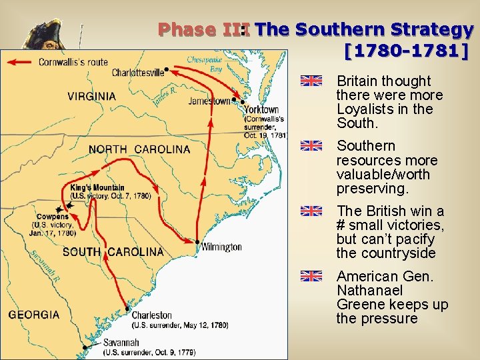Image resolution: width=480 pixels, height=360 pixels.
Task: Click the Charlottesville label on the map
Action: (137, 73)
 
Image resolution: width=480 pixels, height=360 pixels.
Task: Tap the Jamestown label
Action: (209, 101)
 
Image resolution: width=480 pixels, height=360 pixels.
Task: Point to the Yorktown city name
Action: (261, 109)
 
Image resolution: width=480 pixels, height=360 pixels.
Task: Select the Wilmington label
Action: (221, 247)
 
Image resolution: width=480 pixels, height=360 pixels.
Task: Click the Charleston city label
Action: (151, 315)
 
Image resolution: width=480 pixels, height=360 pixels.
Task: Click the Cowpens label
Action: (53, 217)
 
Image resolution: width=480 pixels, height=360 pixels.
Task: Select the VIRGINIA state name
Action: (91, 96)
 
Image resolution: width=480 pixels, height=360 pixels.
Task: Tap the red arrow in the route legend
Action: (19, 62)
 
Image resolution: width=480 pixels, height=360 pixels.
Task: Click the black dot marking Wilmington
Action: (198, 241)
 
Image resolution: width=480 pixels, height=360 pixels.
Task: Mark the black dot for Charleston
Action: (127, 309)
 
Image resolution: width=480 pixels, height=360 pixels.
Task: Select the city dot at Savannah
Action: (85, 347)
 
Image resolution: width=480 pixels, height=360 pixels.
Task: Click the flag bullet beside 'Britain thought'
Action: (311, 81)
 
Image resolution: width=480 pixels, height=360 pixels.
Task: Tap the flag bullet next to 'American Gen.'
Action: (311, 276)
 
